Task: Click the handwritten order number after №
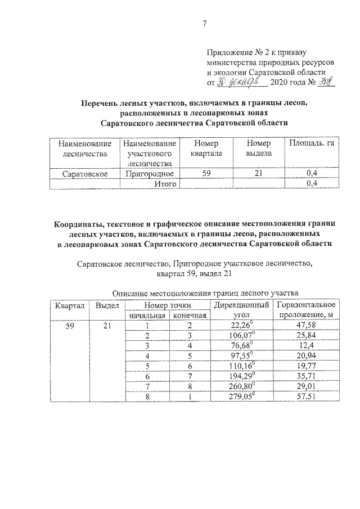coord(325,82)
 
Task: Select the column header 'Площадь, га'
coord(311,145)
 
